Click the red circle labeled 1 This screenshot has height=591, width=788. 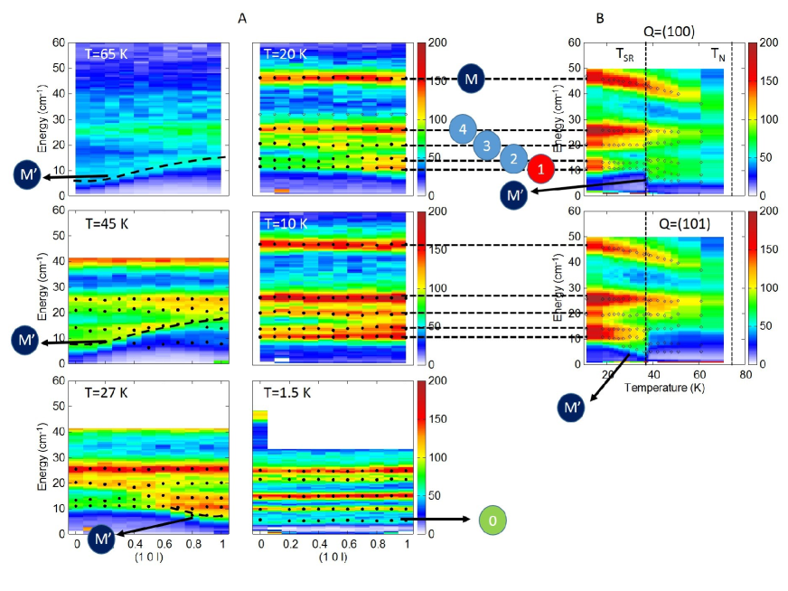pos(540,169)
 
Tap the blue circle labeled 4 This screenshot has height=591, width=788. pos(463,130)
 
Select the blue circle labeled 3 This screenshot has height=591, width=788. pos(487,145)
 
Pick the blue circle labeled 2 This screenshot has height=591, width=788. pos(513,158)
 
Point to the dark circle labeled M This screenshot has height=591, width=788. pos(472,79)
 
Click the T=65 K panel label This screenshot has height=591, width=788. pos(102,53)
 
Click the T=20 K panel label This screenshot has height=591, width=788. pos(285,53)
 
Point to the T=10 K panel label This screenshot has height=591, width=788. pos(285,223)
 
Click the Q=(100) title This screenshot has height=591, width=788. pos(669,33)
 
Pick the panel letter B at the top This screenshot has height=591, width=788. pos(600,17)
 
